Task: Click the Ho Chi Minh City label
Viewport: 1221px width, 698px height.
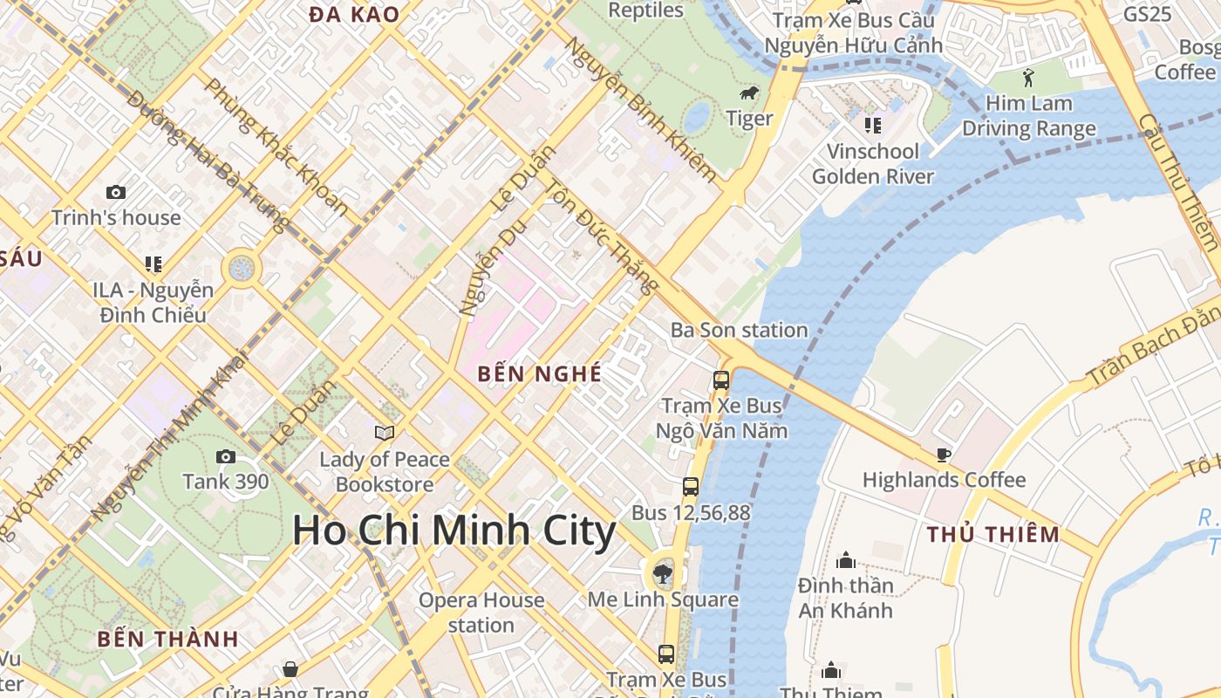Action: [x=454, y=530]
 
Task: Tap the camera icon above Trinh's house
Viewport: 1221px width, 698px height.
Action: [x=115, y=192]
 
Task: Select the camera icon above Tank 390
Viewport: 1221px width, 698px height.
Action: [x=225, y=456]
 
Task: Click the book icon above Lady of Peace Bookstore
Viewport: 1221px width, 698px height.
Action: [x=384, y=433]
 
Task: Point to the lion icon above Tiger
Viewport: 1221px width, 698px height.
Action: [x=748, y=94]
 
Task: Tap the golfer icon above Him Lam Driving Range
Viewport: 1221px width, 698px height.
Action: [x=1029, y=77]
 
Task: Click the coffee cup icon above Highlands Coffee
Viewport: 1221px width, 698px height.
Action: [x=943, y=454]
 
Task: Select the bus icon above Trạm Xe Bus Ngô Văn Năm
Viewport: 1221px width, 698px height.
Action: [x=721, y=380]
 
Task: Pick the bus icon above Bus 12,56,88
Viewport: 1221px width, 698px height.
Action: [x=690, y=486]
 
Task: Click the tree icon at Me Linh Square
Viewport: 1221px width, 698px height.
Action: [x=663, y=573]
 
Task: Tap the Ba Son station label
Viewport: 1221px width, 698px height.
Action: [x=739, y=330]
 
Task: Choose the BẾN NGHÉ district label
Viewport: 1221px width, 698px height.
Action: [x=540, y=374]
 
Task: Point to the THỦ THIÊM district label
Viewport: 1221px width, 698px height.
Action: [x=993, y=534]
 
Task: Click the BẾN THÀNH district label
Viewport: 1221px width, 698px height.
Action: [x=167, y=639]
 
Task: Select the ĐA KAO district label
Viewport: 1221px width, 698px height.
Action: [x=354, y=14]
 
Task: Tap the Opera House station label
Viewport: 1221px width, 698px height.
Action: [x=481, y=612]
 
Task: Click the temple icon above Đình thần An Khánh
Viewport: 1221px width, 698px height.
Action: [x=845, y=559]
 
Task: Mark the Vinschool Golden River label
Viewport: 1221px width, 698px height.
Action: [x=872, y=164]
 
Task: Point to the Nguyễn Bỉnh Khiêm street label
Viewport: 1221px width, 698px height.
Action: [x=642, y=108]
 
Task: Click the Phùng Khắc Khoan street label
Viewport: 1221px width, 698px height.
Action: [x=276, y=147]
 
